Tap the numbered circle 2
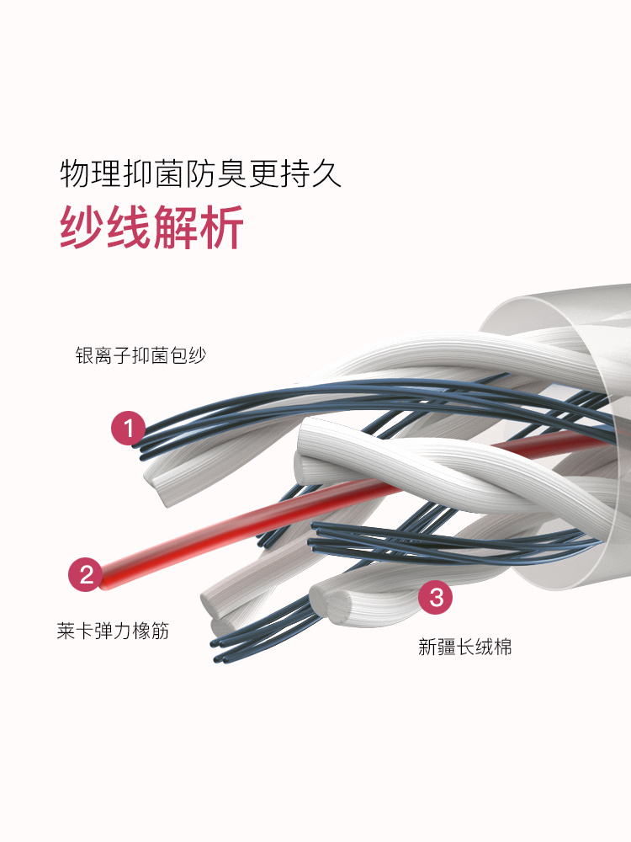pyautogui.click(x=85, y=575)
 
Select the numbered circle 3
pyautogui.click(x=436, y=599)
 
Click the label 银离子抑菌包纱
pyautogui.click(x=141, y=356)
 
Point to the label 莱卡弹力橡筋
pyautogui.click(x=113, y=631)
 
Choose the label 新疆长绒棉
pyautogui.click(x=465, y=647)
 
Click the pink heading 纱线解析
pyautogui.click(x=152, y=226)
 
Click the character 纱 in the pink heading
pyautogui.click(x=82, y=226)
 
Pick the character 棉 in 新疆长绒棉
pyautogui.click(x=503, y=647)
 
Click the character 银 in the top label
pyautogui.click(x=83, y=356)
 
